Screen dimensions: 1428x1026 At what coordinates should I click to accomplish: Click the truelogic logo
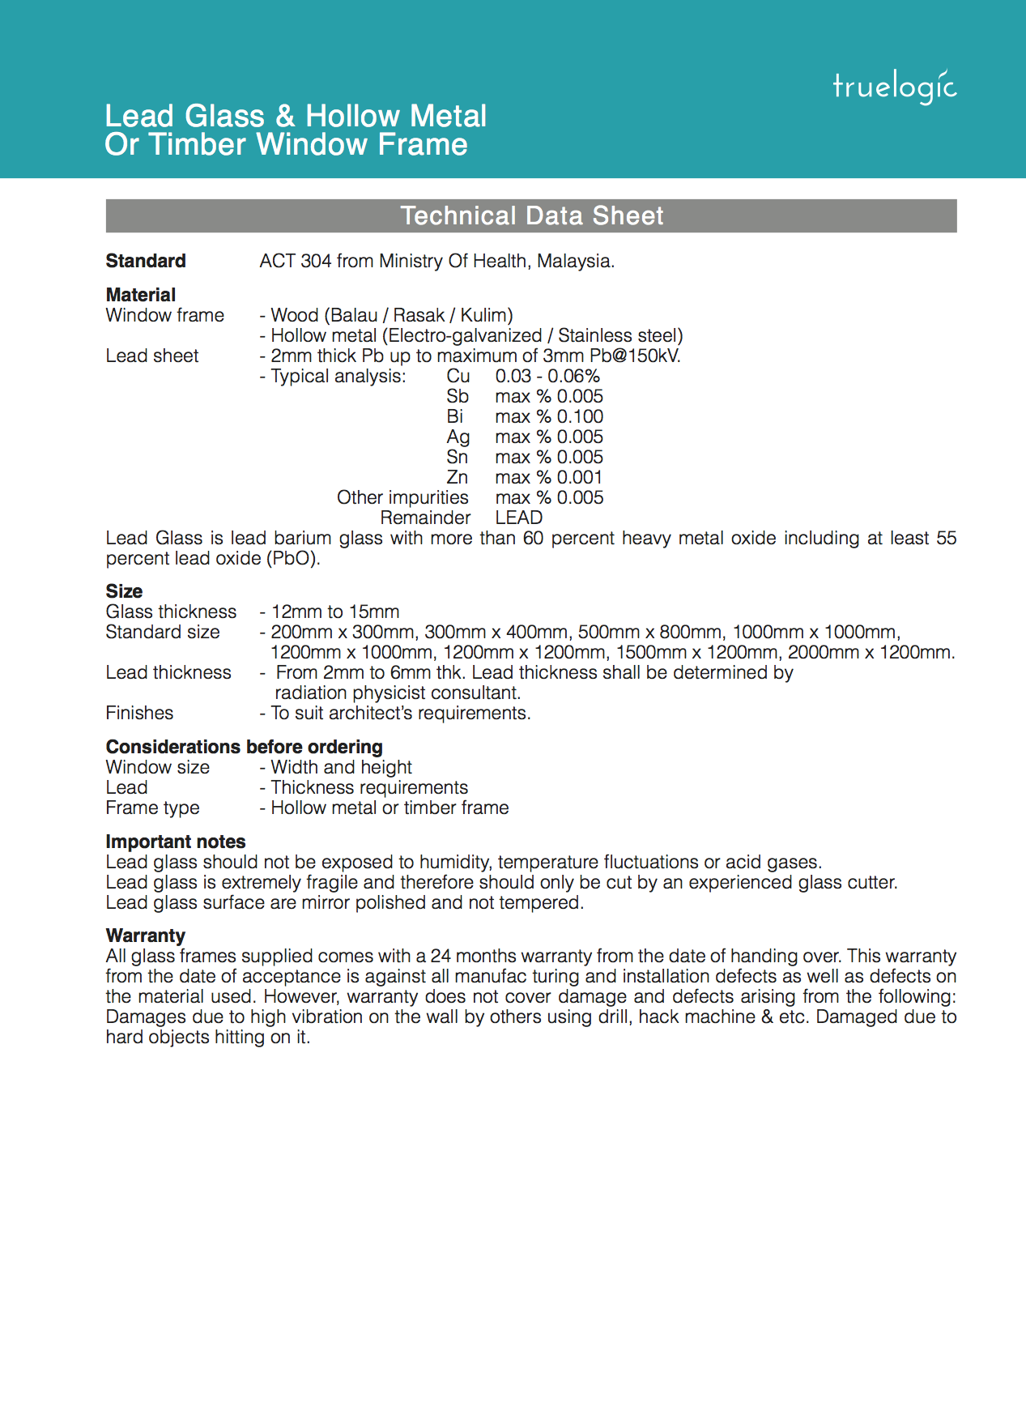coord(894,87)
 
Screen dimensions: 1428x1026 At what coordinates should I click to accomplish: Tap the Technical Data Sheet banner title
coord(531,216)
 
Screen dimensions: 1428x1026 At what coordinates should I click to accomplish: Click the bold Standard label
coord(146,261)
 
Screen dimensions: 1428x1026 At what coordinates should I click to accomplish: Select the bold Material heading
coord(141,295)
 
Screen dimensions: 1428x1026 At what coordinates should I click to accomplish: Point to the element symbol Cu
coord(458,376)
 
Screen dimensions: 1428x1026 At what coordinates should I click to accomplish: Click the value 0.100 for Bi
coord(580,416)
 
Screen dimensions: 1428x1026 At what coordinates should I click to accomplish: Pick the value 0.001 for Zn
coord(580,477)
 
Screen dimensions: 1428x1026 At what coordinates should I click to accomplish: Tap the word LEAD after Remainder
coord(519,518)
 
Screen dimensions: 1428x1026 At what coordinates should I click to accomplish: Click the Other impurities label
coord(402,497)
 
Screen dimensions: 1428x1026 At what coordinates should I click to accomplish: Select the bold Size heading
coord(124,591)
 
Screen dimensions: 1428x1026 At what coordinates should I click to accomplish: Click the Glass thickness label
coord(171,612)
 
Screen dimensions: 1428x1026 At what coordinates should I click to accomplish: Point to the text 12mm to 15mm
coord(335,612)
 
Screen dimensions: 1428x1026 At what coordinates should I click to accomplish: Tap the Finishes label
coord(139,713)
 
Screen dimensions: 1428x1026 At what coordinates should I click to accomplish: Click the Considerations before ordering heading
coord(244,747)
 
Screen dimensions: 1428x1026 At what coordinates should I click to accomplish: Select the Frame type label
coord(152,808)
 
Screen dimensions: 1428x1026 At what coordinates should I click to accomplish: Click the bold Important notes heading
coord(176,842)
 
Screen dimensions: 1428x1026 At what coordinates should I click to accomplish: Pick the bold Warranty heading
coord(146,936)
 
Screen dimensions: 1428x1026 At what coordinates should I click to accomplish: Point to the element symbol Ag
coord(458,437)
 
